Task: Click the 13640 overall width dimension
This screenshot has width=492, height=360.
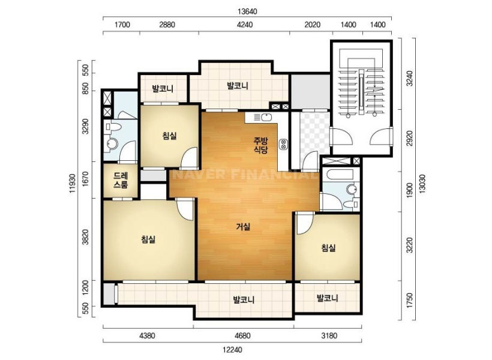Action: pos(247,11)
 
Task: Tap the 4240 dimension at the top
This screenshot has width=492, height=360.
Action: pos(244,25)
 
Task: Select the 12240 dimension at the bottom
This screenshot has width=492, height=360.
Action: pos(233,350)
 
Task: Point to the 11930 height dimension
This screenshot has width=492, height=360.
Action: pos(73,183)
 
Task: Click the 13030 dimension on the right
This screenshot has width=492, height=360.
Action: pos(422,183)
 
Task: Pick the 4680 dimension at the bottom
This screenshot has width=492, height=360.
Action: pos(242,336)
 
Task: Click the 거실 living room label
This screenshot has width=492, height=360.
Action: pos(243,226)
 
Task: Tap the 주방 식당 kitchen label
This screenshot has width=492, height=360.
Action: pos(261,145)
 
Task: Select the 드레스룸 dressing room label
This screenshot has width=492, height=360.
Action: pos(121,180)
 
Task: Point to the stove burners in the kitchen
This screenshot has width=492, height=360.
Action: pos(283,143)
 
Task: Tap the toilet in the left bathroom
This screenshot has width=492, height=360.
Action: pos(113,127)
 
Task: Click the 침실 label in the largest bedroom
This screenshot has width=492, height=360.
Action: pos(148,240)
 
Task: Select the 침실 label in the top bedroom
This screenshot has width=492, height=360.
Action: pos(169,136)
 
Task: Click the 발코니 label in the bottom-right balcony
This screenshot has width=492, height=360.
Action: pos(327,298)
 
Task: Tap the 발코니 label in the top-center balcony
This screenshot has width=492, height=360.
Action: pos(238,85)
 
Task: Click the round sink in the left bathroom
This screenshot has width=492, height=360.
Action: pos(112,144)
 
